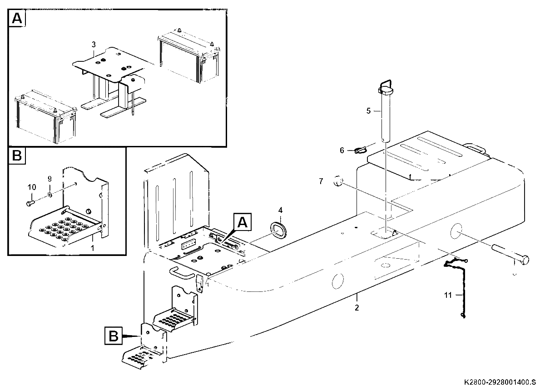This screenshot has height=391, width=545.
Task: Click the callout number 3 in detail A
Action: tap(94, 45)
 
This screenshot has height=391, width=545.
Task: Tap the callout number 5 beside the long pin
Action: tap(368, 111)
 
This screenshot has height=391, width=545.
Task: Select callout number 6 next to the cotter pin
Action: tap(342, 150)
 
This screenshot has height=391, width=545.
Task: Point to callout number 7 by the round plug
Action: tap(321, 181)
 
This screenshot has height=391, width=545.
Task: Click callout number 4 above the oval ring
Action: tap(280, 210)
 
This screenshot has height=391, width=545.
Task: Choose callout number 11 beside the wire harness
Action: tap(448, 295)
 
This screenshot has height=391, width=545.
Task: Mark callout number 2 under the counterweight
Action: tap(357, 308)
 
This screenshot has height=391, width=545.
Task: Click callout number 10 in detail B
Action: tap(32, 187)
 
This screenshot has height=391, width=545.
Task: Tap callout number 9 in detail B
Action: tap(50, 179)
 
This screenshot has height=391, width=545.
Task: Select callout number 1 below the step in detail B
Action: tap(93, 248)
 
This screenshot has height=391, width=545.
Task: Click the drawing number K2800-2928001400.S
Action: tap(500, 382)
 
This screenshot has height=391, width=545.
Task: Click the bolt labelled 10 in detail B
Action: tap(31, 203)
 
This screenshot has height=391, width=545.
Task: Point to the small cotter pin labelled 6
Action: tap(360, 150)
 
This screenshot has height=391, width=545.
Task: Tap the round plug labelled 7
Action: tap(338, 181)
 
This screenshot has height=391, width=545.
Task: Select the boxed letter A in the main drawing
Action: tap(243, 222)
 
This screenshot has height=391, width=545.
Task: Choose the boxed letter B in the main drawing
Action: tap(114, 336)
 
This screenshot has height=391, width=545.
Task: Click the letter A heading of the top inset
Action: tap(17, 18)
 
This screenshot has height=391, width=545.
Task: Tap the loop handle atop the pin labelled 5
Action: tap(385, 85)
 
